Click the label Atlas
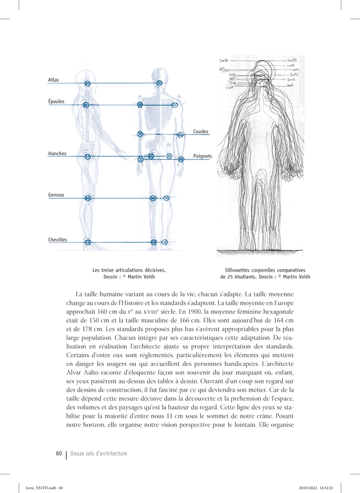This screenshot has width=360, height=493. pos(53,80)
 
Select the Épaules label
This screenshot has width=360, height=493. pos(56,101)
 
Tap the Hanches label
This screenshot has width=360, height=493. pos(57,153)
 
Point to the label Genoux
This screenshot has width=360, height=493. pos(56,195)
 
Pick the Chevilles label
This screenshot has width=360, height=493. pos(58,240)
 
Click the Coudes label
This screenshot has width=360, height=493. pos(201,132)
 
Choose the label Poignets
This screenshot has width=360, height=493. pos(203,156)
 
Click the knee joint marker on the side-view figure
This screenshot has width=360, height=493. pos(88,198)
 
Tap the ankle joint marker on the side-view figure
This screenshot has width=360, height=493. pos(88,242)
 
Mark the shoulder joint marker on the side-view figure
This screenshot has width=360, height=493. pos(86,105)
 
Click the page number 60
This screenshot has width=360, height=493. pos(59,453)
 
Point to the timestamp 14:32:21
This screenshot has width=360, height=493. pos(327,488)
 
